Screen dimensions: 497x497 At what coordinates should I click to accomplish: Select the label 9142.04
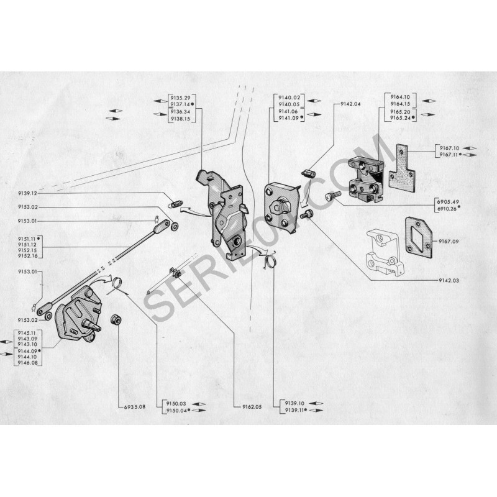click(x=351, y=104)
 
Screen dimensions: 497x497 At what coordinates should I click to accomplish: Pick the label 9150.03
click(x=172, y=403)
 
